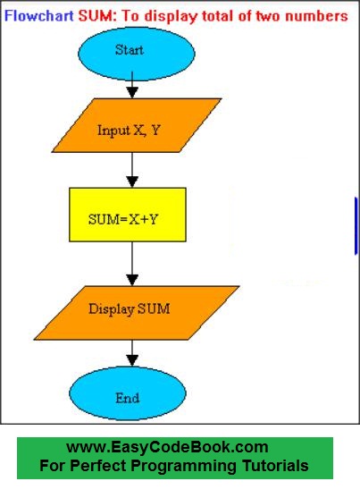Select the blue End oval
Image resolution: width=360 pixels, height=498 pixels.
click(128, 396)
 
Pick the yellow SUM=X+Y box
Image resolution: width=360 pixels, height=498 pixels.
click(128, 215)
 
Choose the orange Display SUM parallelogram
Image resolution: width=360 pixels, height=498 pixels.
click(131, 309)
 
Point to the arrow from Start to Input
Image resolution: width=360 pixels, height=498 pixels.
click(132, 87)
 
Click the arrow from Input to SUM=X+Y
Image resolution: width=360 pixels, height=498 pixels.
click(132, 170)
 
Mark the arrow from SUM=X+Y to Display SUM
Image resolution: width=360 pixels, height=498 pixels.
click(132, 264)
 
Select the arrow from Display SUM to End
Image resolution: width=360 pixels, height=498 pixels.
click(132, 351)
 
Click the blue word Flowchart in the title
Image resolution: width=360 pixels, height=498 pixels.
click(38, 16)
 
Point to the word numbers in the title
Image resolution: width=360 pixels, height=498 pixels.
click(317, 16)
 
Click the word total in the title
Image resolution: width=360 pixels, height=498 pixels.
click(213, 16)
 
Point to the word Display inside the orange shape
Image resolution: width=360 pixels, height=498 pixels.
click(110, 309)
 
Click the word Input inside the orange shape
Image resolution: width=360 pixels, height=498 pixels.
click(113, 130)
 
